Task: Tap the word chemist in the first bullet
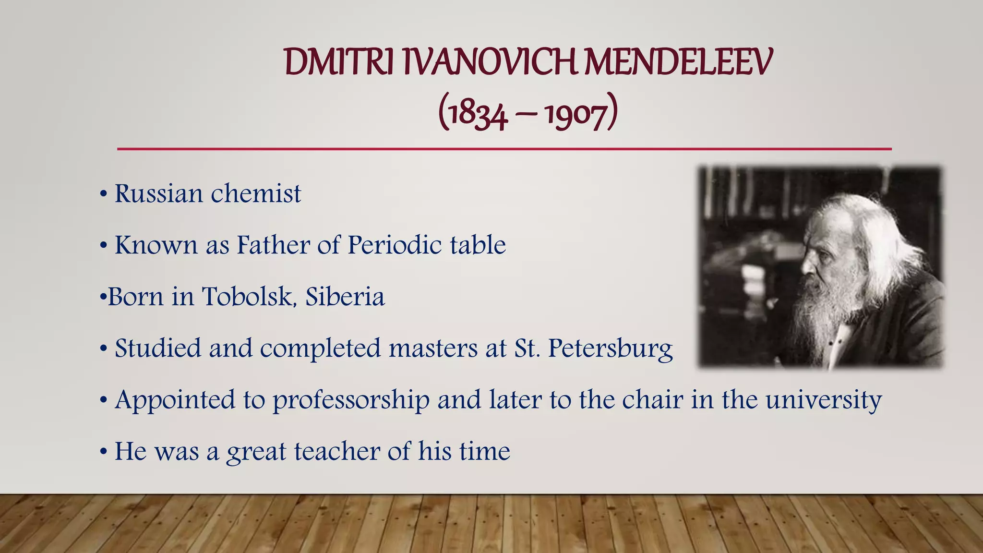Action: [x=256, y=193]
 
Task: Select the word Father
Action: [x=273, y=245]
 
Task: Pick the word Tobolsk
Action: [x=248, y=296]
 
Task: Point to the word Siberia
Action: [x=345, y=296]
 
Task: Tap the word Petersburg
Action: [x=610, y=349]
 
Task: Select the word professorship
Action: [x=351, y=400]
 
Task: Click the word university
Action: [x=823, y=400]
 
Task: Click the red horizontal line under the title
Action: [x=504, y=149]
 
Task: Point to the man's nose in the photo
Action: [x=805, y=263]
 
